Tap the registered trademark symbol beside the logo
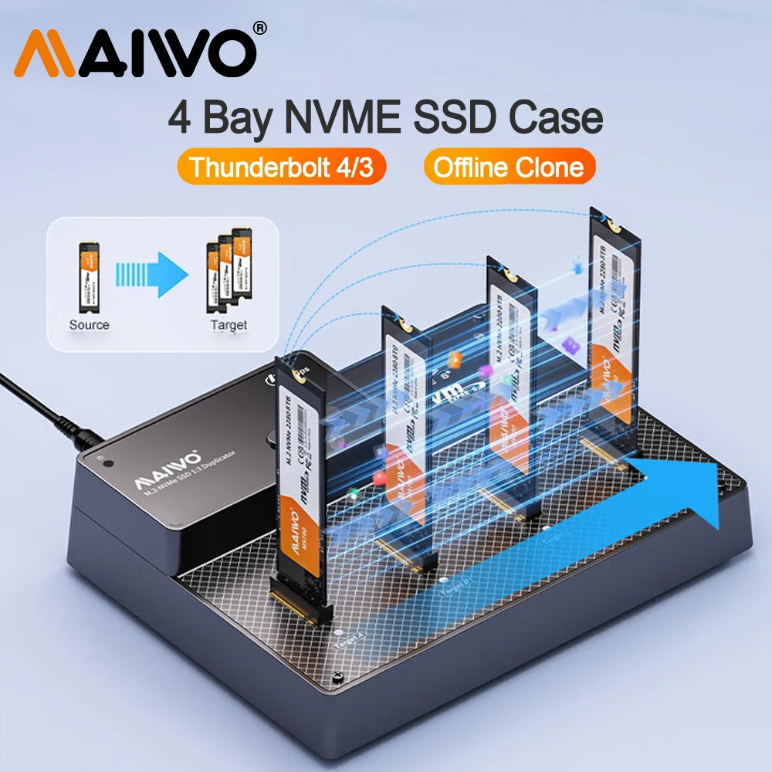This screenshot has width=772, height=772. coord(260,29)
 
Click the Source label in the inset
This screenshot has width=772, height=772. coord(89,325)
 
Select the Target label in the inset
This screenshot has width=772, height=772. coord(229,325)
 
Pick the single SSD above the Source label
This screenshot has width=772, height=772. coord(90,274)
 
